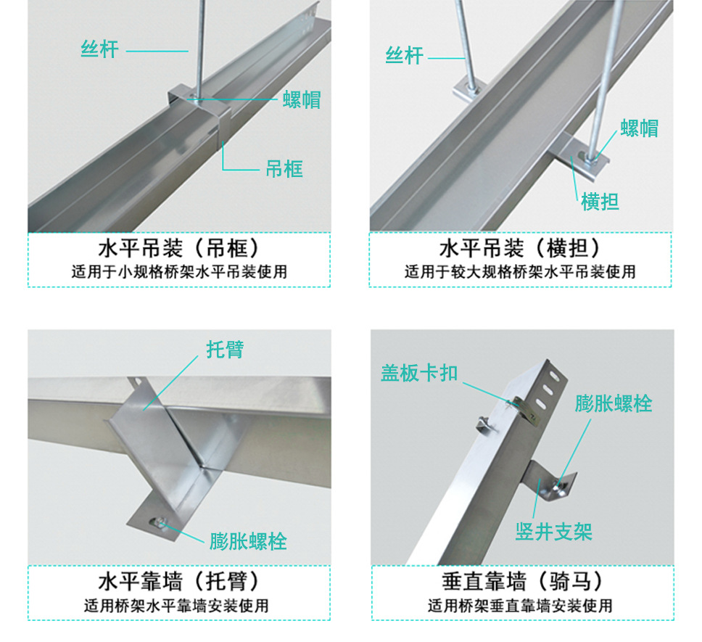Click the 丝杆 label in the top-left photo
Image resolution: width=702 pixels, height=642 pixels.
(x=99, y=50)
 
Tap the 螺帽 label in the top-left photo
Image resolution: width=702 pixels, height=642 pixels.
(x=302, y=99)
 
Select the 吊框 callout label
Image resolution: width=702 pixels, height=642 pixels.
(x=284, y=169)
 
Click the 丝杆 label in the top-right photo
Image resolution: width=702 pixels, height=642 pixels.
(x=404, y=55)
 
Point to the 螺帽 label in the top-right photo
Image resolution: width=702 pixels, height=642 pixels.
(x=639, y=128)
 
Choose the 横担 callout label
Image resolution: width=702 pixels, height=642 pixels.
(x=600, y=201)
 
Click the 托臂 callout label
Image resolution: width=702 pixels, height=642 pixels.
(x=225, y=349)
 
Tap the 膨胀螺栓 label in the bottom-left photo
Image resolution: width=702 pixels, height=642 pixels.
(x=248, y=541)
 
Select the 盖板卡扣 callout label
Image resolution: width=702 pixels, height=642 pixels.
(x=419, y=372)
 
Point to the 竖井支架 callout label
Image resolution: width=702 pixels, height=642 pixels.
(x=554, y=532)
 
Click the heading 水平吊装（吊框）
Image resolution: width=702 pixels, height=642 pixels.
(x=179, y=250)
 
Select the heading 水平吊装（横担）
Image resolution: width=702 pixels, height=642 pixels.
(x=521, y=250)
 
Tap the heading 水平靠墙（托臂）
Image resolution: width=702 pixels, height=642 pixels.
(x=179, y=581)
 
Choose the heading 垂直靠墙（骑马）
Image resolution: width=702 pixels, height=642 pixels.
(x=521, y=581)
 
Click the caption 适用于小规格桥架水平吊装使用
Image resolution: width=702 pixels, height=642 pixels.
(x=179, y=272)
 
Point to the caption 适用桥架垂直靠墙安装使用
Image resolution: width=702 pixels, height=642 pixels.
(x=521, y=604)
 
